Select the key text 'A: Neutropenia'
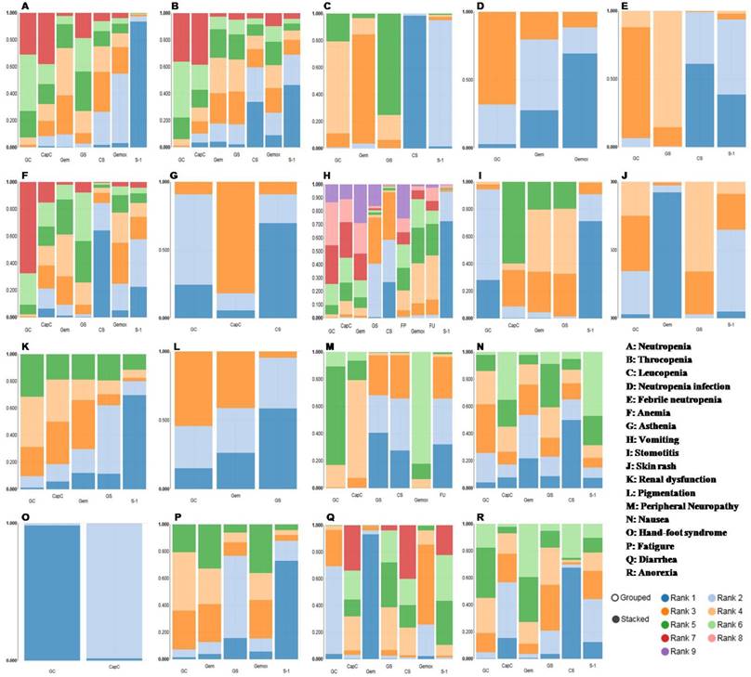655,345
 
